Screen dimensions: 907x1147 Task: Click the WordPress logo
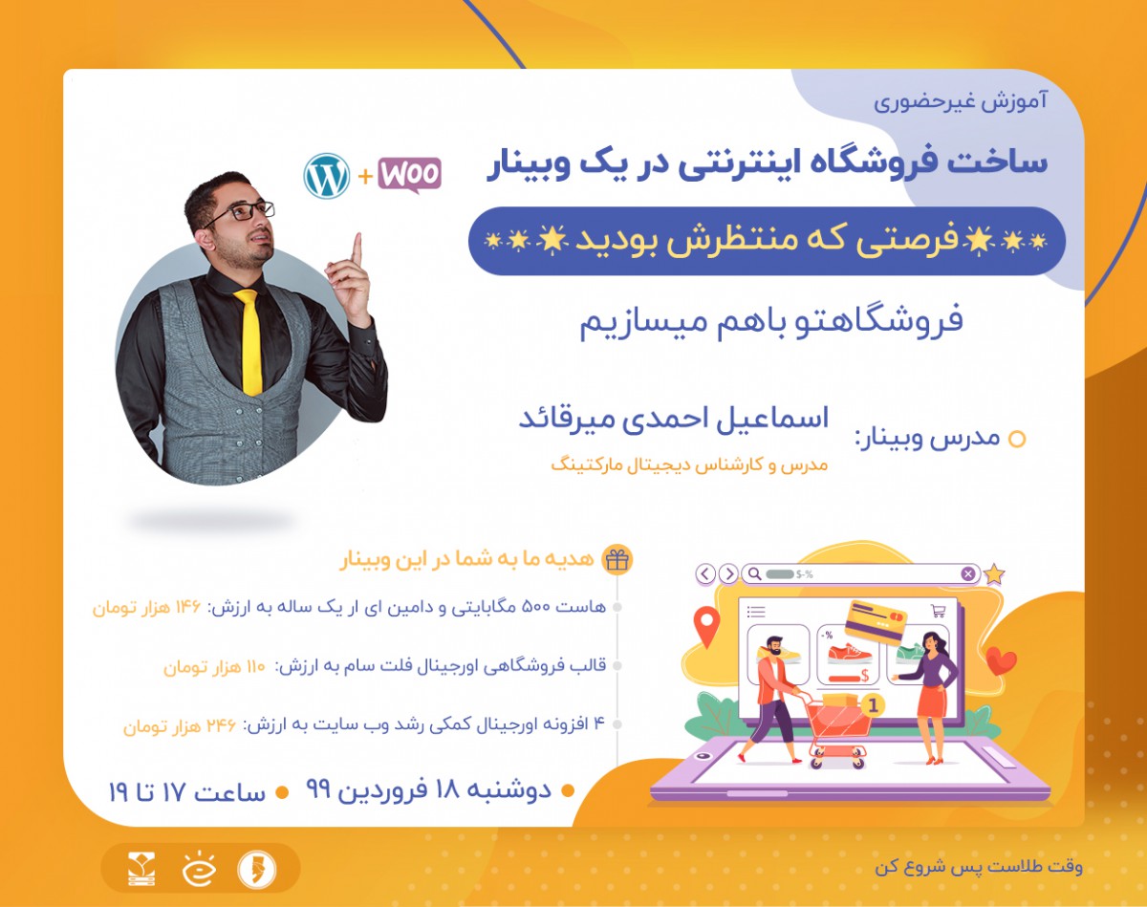point(327,176)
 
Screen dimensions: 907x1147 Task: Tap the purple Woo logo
point(409,175)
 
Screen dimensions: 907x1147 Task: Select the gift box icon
point(617,560)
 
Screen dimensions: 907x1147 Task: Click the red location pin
point(706,625)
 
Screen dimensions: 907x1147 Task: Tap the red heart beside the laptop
point(1001,659)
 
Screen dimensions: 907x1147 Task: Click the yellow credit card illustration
point(876,621)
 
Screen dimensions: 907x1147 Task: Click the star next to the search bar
point(994,573)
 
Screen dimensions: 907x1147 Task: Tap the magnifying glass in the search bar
point(754,574)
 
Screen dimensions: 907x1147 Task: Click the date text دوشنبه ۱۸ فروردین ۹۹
point(428,789)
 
